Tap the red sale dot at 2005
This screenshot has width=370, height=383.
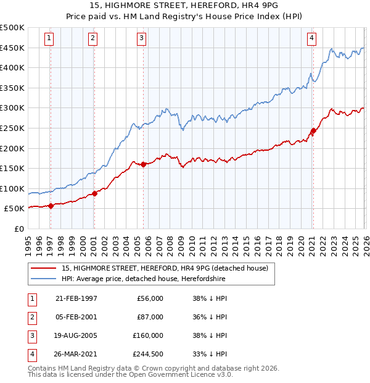coord(143,164)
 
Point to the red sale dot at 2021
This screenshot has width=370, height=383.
coord(313,130)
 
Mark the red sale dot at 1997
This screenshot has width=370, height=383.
coord(51,206)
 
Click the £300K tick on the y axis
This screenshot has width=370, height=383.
coord(13,108)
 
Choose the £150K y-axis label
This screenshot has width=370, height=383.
coord(13,169)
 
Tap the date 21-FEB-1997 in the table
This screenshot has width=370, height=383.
coord(76,298)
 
